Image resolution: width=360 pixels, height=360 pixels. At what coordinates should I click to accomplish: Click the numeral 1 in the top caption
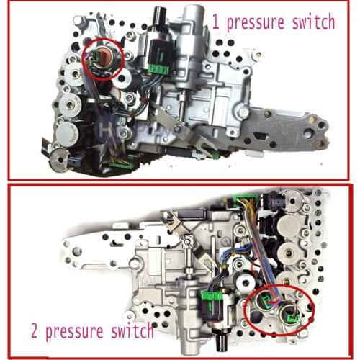[214, 22]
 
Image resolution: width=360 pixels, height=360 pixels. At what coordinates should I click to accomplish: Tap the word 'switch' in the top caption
[312, 22]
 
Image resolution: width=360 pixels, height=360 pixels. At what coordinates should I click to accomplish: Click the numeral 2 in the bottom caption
[33, 332]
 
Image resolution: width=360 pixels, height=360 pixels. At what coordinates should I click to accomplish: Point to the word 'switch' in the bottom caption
[132, 332]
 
